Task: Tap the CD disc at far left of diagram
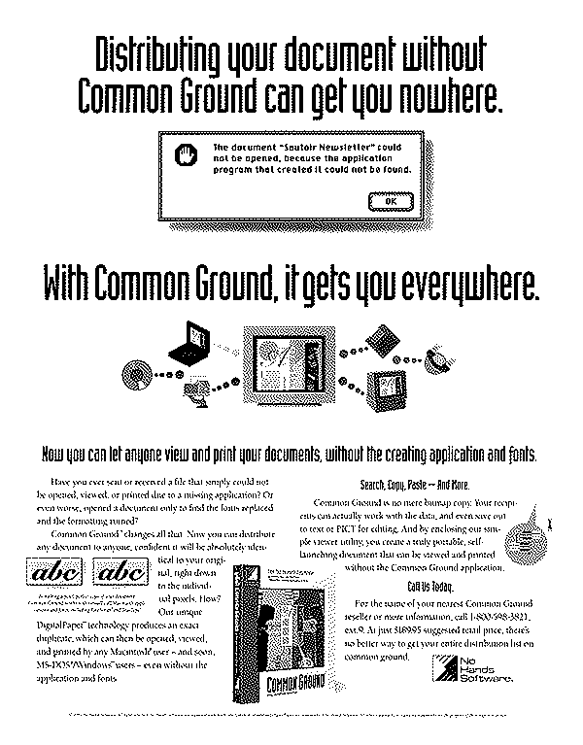click(x=133, y=372)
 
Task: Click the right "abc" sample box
click(x=126, y=572)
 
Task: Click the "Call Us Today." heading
click(x=428, y=585)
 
